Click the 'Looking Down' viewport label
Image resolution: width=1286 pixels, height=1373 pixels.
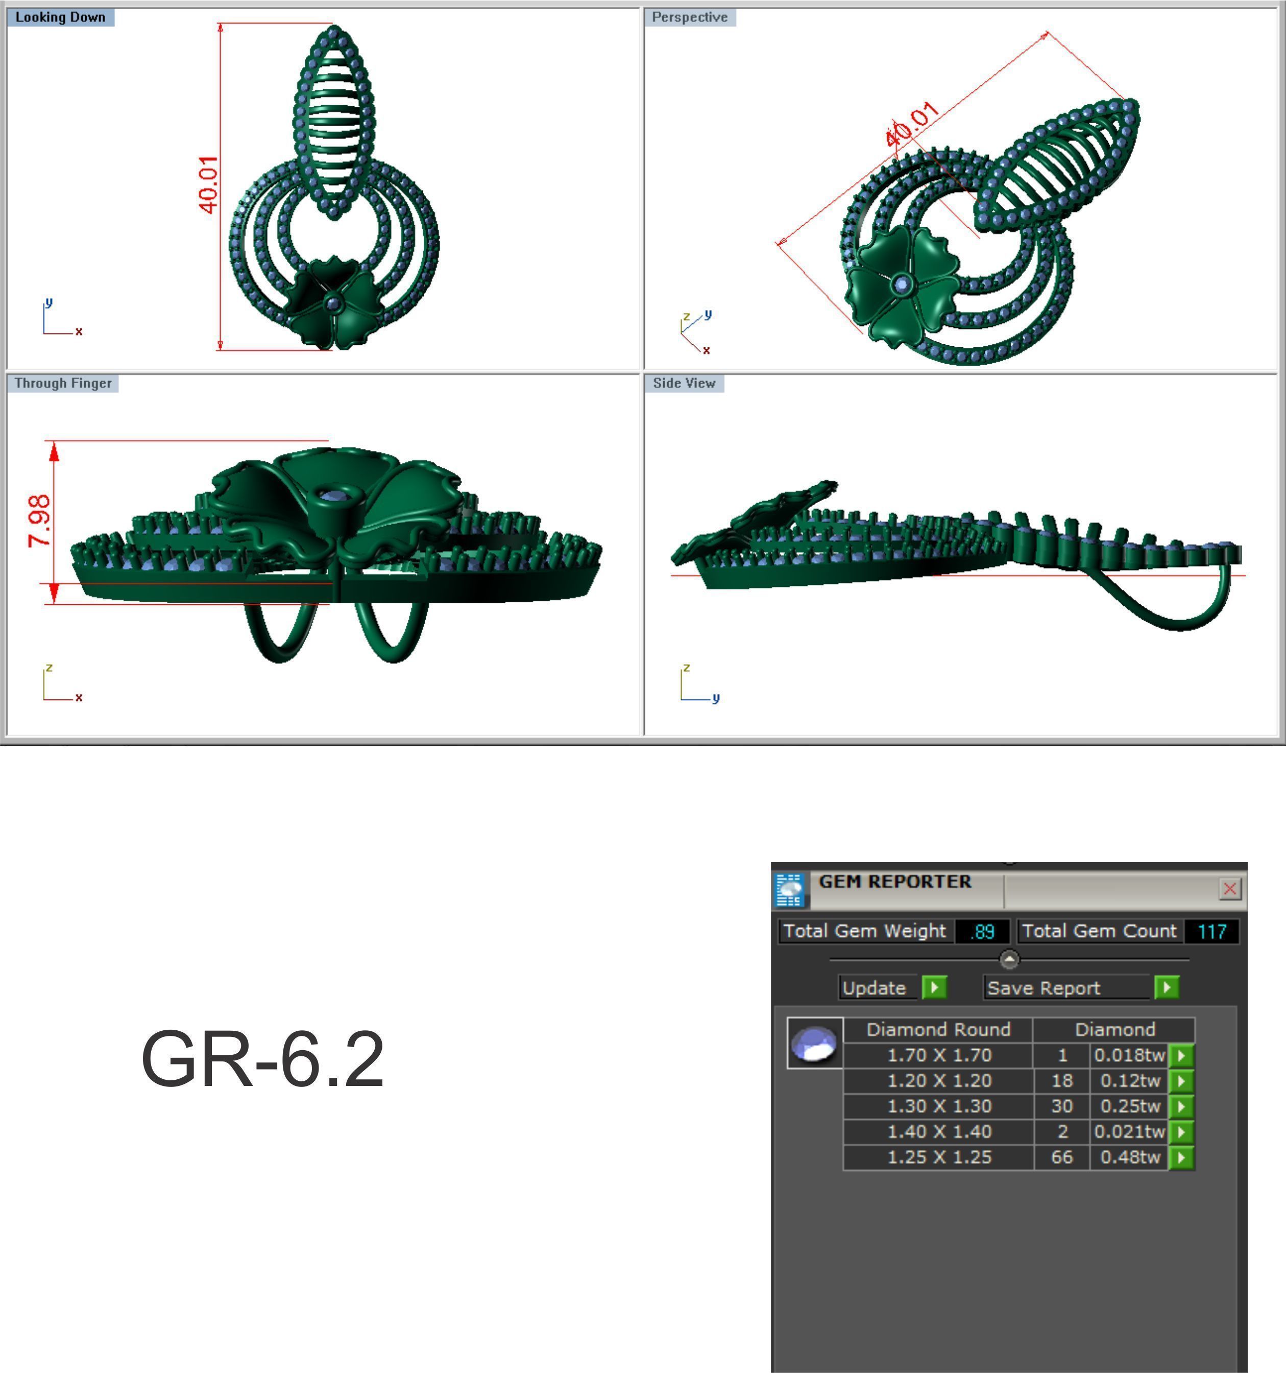click(x=60, y=17)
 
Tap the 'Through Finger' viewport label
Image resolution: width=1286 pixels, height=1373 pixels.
click(x=62, y=383)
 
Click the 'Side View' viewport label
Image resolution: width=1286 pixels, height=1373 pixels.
click(x=684, y=383)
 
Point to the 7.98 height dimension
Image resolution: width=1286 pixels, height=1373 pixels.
click(x=39, y=520)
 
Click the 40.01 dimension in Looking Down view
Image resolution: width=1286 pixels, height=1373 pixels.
click(x=208, y=184)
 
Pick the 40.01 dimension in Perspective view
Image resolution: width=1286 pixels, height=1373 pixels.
click(x=911, y=124)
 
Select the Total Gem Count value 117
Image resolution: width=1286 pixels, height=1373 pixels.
click(x=1211, y=932)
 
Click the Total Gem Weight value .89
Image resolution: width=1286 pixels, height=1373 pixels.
click(x=982, y=932)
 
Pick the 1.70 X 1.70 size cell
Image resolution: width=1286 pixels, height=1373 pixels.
click(x=938, y=1055)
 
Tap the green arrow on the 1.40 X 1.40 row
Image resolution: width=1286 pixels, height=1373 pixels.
click(x=1181, y=1131)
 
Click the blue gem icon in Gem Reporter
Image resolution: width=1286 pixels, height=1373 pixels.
click(x=815, y=1043)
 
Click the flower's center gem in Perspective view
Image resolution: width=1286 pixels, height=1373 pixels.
click(x=901, y=283)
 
